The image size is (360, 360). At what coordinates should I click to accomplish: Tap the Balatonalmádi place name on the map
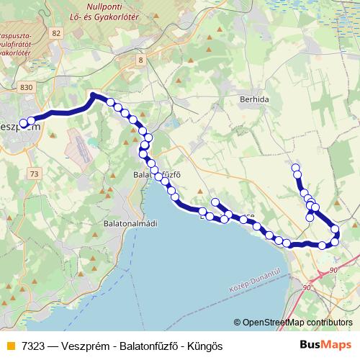click(x=129, y=224)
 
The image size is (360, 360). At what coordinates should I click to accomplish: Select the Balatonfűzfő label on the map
click(x=156, y=174)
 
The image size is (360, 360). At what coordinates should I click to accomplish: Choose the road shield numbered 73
click(x=35, y=174)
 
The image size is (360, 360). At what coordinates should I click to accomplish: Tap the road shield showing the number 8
click(x=140, y=60)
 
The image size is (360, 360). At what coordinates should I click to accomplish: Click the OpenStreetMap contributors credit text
click(x=297, y=323)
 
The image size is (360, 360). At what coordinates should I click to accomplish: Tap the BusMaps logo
click(x=325, y=345)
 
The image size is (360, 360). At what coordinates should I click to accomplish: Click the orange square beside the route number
click(x=10, y=346)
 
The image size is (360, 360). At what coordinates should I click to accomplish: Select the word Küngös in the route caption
click(x=204, y=346)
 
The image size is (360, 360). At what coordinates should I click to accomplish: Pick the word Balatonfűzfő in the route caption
click(x=150, y=346)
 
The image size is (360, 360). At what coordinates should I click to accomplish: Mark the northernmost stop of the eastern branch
click(x=295, y=168)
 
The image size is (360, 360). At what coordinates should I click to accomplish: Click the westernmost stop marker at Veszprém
click(x=23, y=123)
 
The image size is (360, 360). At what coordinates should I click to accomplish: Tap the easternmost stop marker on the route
click(x=335, y=230)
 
